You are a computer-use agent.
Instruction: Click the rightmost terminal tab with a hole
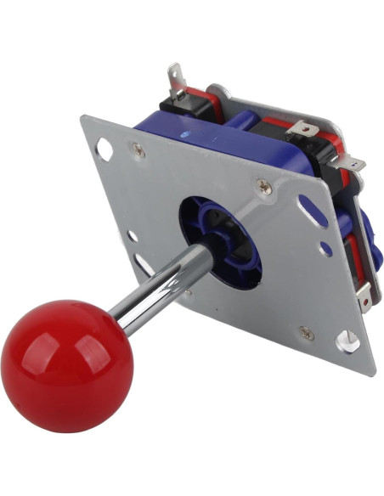(x=353, y=163)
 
